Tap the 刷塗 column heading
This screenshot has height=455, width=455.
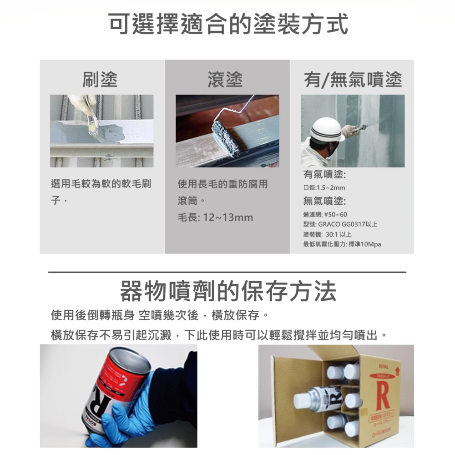point(100,80)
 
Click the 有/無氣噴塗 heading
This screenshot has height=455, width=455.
point(353,80)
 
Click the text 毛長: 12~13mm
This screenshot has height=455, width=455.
point(215,217)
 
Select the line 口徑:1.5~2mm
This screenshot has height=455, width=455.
point(324,188)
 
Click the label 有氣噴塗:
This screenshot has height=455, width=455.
point(325,175)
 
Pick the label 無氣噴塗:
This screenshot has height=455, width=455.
point(325,201)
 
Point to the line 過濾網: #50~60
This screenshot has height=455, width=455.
point(325,214)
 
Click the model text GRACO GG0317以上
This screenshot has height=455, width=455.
point(348,224)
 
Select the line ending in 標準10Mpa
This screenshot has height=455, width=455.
point(342,244)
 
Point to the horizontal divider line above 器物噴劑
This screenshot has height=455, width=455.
point(227,272)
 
